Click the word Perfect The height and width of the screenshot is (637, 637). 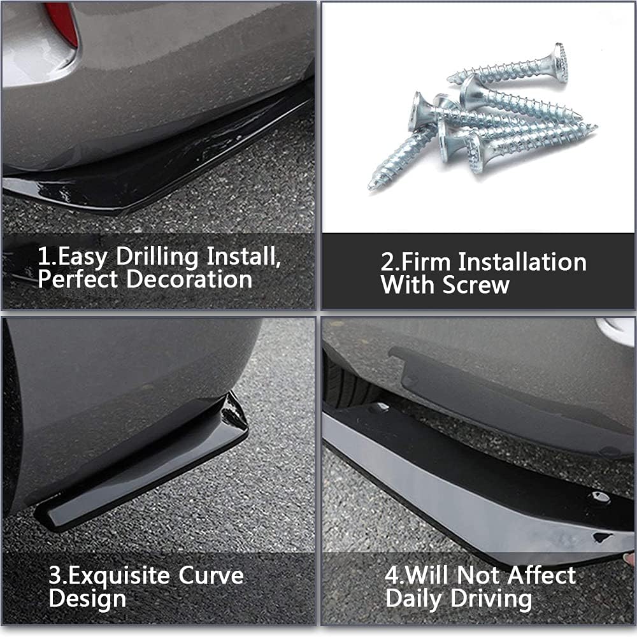pyautogui.click(x=79, y=280)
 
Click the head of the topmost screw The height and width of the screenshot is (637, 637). pyautogui.click(x=559, y=62)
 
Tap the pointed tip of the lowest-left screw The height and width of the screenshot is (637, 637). pyautogui.click(x=371, y=186)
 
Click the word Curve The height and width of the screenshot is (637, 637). pyautogui.click(x=211, y=576)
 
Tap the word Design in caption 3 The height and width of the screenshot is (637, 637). pyautogui.click(x=87, y=599)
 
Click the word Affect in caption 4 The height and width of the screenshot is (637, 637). pyautogui.click(x=541, y=576)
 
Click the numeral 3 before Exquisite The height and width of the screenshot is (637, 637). pyautogui.click(x=55, y=576)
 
